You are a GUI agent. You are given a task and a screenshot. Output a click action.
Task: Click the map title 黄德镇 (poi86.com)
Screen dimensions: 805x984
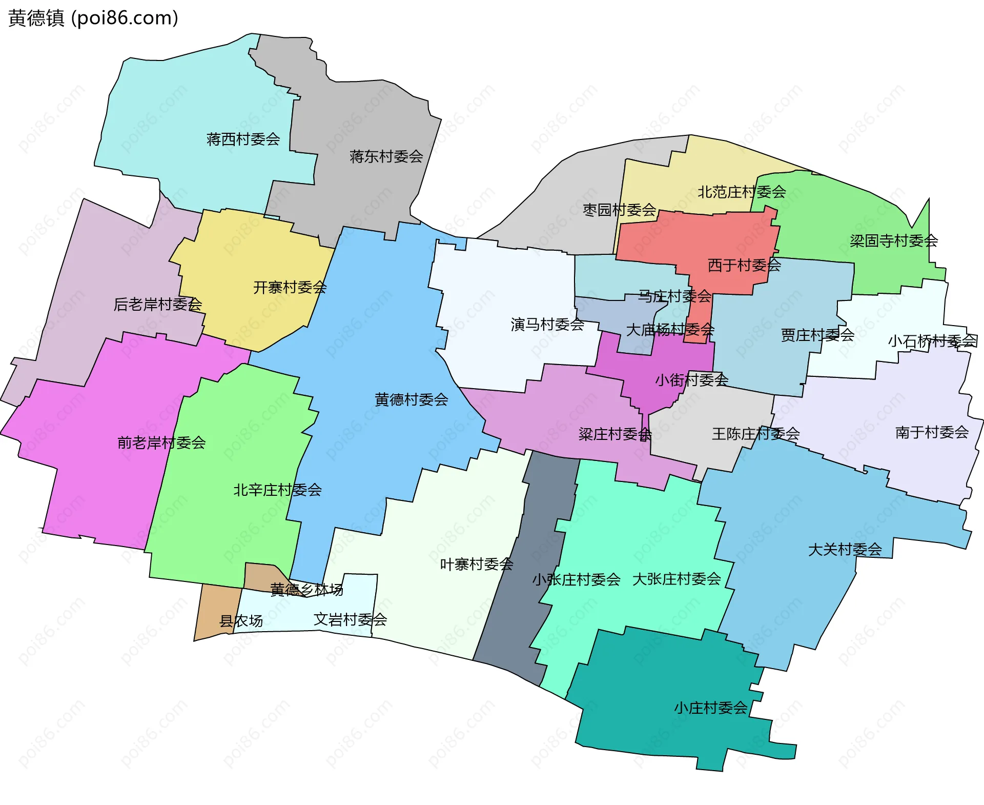pos(93,18)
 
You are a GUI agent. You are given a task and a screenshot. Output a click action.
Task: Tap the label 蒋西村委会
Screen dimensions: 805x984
pos(243,139)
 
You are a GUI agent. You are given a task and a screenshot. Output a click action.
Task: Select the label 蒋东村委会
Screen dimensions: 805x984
pos(386,156)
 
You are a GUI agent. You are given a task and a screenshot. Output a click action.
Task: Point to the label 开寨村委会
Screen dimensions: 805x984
pos(290,287)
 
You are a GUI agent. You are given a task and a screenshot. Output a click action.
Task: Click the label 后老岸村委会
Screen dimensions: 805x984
pos(157,305)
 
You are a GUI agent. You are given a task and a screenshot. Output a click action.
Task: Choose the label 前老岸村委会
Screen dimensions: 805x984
pos(161,442)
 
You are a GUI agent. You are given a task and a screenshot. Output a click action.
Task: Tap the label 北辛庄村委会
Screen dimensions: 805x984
pos(277,490)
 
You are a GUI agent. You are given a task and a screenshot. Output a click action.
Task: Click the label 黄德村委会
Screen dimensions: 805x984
pos(411,399)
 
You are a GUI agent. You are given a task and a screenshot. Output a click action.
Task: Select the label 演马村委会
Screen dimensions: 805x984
pos(547,324)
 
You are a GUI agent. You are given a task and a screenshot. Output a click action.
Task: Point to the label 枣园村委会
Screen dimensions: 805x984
pos(619,210)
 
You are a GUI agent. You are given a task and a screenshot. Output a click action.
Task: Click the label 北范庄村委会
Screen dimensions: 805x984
pos(741,192)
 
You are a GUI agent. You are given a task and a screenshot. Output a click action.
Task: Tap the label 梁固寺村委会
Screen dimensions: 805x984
pos(894,241)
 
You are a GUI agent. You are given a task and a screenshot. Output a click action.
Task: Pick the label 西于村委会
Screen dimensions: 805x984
pos(744,265)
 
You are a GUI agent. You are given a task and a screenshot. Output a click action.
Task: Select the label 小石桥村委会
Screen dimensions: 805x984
pos(932,341)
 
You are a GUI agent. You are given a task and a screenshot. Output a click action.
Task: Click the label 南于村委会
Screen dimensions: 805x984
pos(932,432)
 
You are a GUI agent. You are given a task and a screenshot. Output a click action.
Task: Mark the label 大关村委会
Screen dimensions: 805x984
pos(845,550)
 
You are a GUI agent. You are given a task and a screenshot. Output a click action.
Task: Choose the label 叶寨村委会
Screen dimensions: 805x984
pos(477,565)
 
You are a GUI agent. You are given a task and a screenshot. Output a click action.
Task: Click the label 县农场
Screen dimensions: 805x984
pos(241,621)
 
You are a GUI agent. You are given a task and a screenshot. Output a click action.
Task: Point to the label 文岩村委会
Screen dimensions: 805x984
pos(350,619)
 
